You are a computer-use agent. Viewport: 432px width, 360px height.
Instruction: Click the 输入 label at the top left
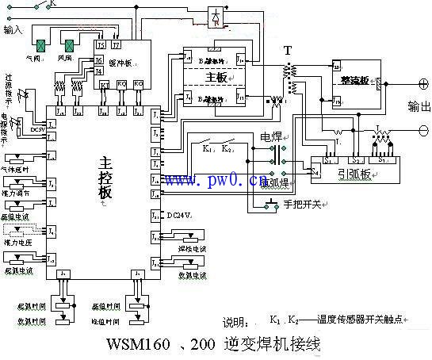[x=13, y=30]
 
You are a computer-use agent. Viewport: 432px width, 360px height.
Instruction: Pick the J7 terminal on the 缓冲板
[x=116, y=36]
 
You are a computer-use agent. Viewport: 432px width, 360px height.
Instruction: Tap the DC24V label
[x=178, y=215]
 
